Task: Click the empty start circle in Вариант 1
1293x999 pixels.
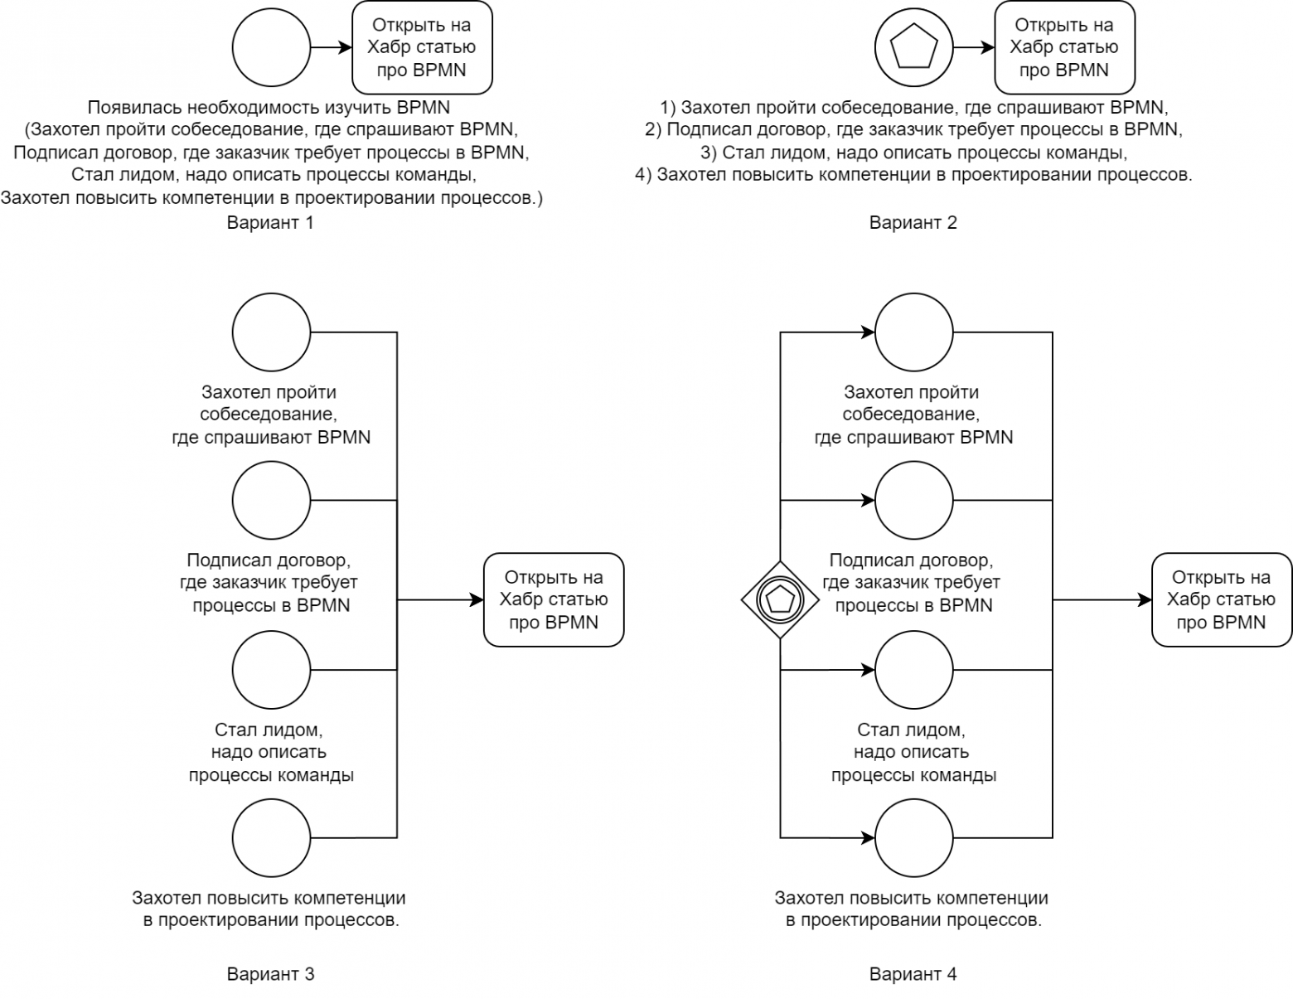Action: pyautogui.click(x=271, y=48)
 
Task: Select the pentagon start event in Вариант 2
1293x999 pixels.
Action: pyautogui.click(x=913, y=48)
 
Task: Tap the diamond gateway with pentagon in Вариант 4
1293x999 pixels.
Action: pyautogui.click(x=780, y=599)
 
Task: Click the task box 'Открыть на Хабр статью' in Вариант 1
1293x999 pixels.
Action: pyautogui.click(x=422, y=47)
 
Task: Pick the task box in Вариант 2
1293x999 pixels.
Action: pyautogui.click(x=1064, y=47)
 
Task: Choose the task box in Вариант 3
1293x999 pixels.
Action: pyautogui.click(x=553, y=599)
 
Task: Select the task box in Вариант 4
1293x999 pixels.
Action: pyautogui.click(x=1221, y=599)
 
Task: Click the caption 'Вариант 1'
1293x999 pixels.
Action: pyautogui.click(x=270, y=222)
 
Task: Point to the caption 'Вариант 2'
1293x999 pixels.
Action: pyautogui.click(x=913, y=222)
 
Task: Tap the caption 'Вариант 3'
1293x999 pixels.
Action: pyautogui.click(x=270, y=974)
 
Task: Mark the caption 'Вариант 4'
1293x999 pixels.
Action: pyautogui.click(x=913, y=974)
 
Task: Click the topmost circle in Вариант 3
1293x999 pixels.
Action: pyautogui.click(x=271, y=332)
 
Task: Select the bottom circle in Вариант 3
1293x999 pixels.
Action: pyautogui.click(x=271, y=837)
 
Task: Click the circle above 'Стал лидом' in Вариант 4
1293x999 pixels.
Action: pyautogui.click(x=913, y=669)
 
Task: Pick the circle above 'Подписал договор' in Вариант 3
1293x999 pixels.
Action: pyautogui.click(x=271, y=500)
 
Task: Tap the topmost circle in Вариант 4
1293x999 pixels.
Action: pyautogui.click(x=913, y=332)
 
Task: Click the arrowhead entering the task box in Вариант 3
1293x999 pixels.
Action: pyautogui.click(x=477, y=599)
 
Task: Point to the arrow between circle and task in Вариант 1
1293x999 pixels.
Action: pyautogui.click(x=331, y=48)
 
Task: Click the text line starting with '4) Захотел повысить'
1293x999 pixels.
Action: pyautogui.click(x=913, y=175)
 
